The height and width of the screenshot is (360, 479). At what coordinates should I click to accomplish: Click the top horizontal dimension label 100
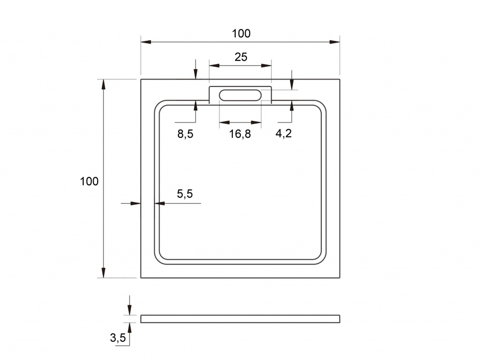[x=241, y=34]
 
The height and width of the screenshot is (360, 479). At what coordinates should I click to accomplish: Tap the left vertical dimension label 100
[x=89, y=181]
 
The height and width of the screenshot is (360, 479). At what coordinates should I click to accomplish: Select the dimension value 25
[x=241, y=57]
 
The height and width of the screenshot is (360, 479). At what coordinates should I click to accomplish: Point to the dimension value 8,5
[x=185, y=134]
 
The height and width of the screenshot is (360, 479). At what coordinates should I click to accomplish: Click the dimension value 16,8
[x=240, y=134]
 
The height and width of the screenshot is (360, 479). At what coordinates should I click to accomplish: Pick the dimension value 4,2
[x=283, y=133]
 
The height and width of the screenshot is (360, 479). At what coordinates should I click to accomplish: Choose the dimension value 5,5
[x=185, y=194]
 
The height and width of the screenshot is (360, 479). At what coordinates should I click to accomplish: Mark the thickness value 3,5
[x=118, y=338]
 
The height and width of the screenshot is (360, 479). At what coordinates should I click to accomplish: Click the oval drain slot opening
[x=240, y=95]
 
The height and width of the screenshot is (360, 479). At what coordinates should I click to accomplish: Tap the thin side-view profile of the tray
[x=240, y=319]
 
